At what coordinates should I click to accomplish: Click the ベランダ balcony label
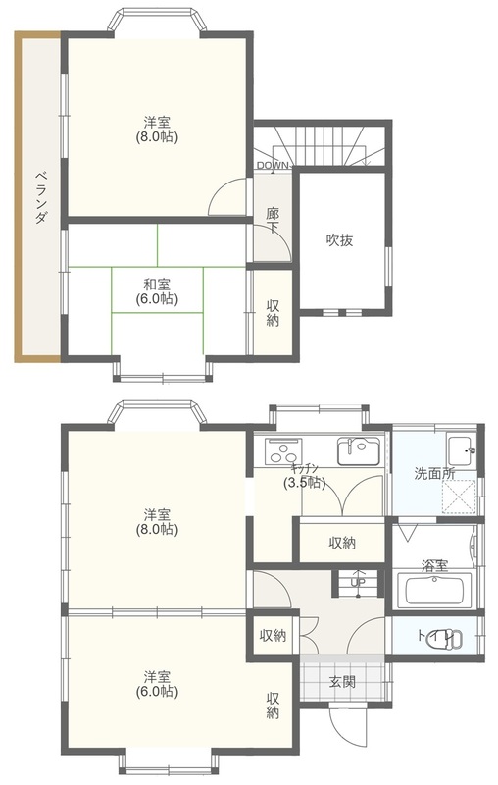pos(42,197)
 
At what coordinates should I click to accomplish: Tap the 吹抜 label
pos(339,240)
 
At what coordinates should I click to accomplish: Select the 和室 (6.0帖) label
pos(157,291)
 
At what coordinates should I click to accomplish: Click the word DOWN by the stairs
pos(273,165)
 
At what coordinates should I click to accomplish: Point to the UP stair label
pos(358,582)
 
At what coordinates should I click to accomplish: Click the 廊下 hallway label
pos(272,221)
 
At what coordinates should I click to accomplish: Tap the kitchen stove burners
pos(284,450)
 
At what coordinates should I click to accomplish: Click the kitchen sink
pos(358,451)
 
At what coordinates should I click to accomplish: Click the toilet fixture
pos(452,637)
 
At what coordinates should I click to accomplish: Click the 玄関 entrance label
pos(342,681)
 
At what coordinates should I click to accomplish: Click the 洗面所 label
pos(434,473)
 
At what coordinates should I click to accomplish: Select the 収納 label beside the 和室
pos(273,313)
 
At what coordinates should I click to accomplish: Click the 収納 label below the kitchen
pos(342,543)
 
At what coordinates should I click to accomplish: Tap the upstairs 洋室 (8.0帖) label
pos(157,130)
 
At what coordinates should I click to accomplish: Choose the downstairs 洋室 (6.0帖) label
pos(157,684)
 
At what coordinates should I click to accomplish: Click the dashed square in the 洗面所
pos(460,497)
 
